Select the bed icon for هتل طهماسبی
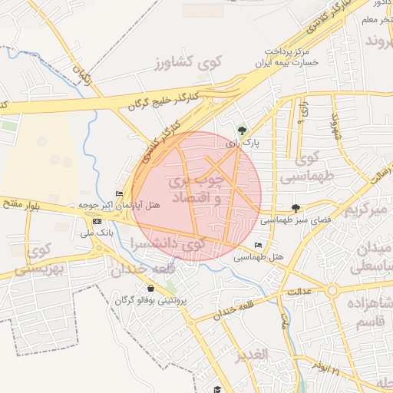click(257, 245)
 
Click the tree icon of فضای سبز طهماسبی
click(296, 208)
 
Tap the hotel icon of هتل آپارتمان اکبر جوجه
click(119, 193)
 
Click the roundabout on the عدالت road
click(332, 291)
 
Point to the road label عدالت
click(299, 292)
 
